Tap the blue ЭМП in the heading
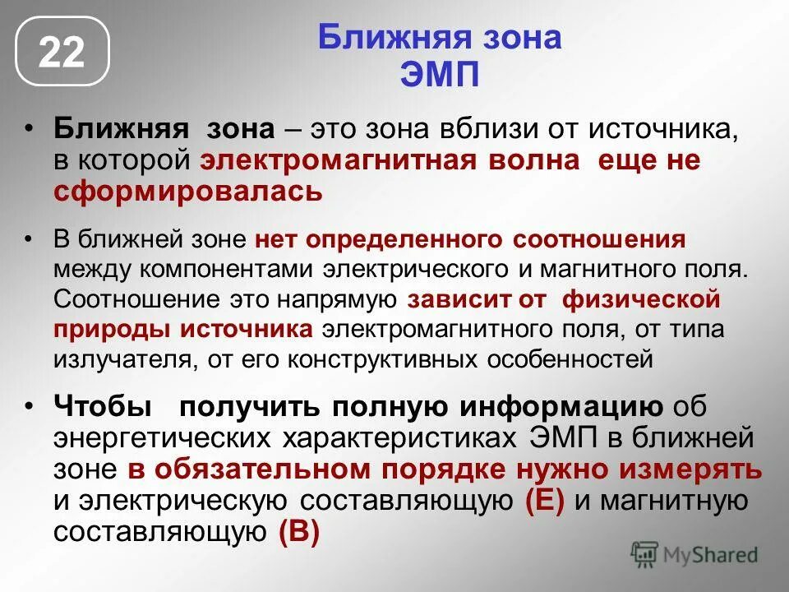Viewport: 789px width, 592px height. (x=439, y=76)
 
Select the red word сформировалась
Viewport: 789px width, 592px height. (x=188, y=192)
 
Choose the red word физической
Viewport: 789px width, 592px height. (x=640, y=299)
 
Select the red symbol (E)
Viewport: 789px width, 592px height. (x=544, y=501)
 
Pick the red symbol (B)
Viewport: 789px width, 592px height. (x=298, y=532)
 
